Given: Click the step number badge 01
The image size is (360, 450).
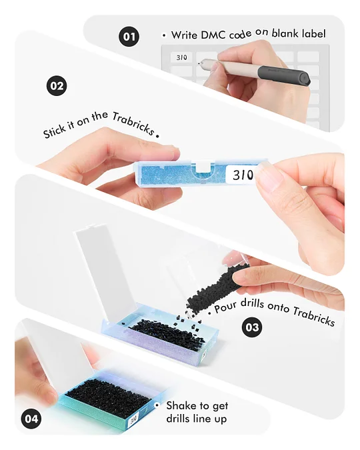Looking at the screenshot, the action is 129,37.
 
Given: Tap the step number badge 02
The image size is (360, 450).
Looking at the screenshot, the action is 57,86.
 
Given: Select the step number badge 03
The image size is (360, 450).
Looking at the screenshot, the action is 252,327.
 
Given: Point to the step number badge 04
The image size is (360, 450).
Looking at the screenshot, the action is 31,419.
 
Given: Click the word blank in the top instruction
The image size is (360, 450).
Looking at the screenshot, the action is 284,33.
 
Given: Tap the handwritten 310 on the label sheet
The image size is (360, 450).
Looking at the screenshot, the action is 182,58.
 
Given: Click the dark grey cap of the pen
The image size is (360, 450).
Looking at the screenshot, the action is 284,74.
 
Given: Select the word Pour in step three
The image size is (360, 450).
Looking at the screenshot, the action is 226,307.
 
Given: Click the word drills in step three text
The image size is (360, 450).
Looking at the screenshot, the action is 253,304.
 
